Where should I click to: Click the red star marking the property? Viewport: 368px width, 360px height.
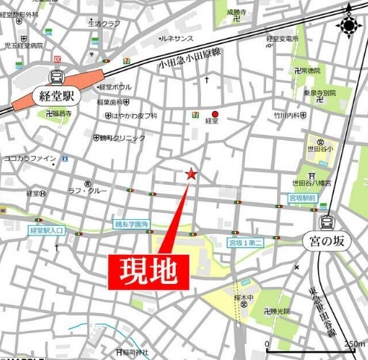[x=191, y=174]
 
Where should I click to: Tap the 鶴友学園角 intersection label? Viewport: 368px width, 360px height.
[x=131, y=223]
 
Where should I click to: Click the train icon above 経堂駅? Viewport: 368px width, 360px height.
[x=56, y=75]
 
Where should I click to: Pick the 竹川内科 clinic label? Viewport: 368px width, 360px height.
[x=289, y=116]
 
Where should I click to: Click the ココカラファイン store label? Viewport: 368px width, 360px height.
[x=29, y=158]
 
